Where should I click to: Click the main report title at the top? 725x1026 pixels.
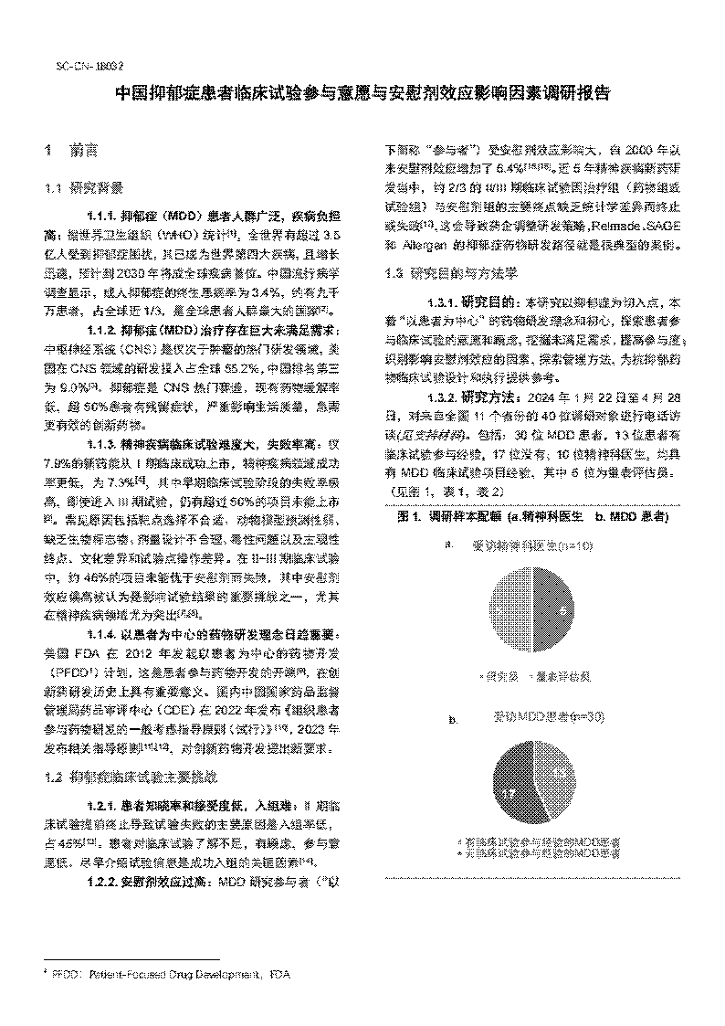pos(362,94)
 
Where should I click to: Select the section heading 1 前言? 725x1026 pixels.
pos(72,149)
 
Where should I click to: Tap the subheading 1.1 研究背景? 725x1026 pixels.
pos(78,189)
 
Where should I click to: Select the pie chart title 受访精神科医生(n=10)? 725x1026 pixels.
pos(532,546)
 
